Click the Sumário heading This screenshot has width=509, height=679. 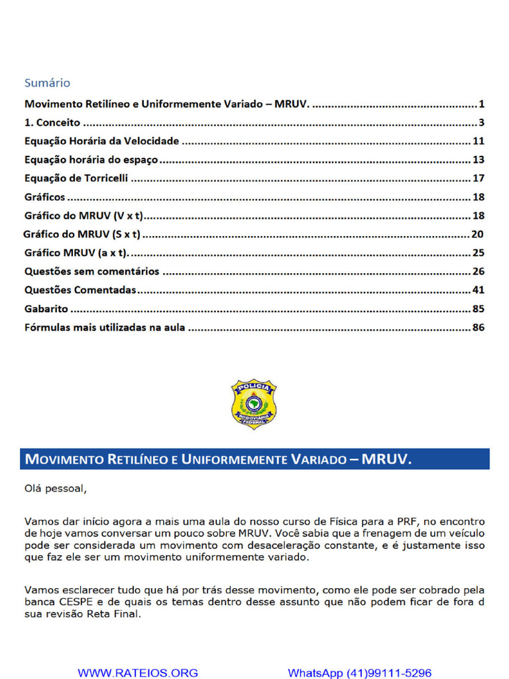click(47, 83)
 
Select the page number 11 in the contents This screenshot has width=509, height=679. click(479, 141)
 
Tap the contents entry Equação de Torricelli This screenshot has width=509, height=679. click(76, 178)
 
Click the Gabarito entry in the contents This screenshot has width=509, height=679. click(47, 309)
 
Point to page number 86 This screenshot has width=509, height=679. click(479, 328)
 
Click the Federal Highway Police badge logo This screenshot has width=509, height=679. click(254, 404)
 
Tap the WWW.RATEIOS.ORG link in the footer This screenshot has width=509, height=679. click(138, 672)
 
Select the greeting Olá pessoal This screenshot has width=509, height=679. click(55, 489)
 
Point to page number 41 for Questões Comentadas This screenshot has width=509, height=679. click(479, 290)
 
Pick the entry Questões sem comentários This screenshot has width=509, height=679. click(91, 272)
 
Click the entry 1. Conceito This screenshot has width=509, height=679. click(52, 123)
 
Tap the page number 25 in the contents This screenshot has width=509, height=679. click(479, 253)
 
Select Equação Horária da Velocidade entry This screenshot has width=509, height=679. click(101, 141)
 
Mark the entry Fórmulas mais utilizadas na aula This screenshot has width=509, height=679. click(105, 328)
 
